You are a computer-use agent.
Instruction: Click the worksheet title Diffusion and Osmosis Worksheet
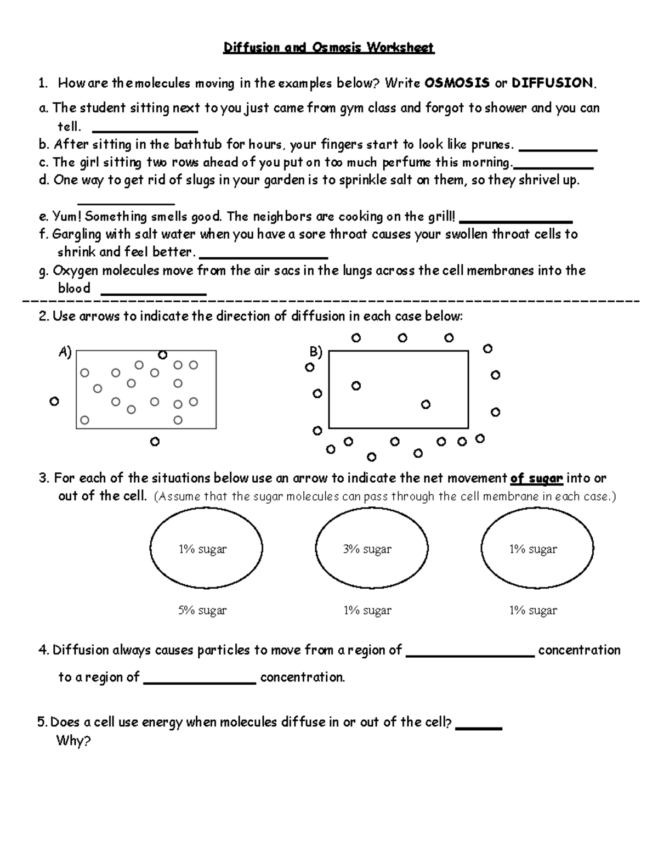(x=328, y=48)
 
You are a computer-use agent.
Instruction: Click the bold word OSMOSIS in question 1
(x=457, y=83)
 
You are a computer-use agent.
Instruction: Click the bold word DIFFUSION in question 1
(x=552, y=83)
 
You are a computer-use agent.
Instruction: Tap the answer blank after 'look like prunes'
(x=557, y=147)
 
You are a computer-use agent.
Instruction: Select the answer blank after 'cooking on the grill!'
(x=515, y=219)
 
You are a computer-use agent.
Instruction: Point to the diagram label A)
(x=65, y=352)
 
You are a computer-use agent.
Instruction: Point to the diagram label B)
(x=316, y=352)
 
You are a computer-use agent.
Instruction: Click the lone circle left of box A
(x=54, y=402)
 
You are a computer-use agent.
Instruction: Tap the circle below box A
(x=155, y=441)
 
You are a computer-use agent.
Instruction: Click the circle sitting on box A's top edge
(x=162, y=355)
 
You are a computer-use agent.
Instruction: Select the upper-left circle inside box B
(x=356, y=386)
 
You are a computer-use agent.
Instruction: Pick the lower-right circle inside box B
(x=426, y=404)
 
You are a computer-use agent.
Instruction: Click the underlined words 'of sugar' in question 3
(x=536, y=478)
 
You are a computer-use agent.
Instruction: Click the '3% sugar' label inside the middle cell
(x=367, y=549)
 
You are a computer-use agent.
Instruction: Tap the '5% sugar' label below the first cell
(x=202, y=610)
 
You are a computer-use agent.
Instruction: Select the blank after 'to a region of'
(x=200, y=680)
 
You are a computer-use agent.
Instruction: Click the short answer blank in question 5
(x=479, y=725)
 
